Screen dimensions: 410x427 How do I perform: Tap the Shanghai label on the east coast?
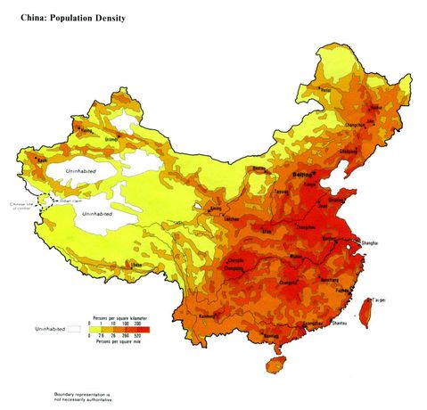[x=370, y=242]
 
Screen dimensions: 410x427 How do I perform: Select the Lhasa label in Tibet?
[x=135, y=265]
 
